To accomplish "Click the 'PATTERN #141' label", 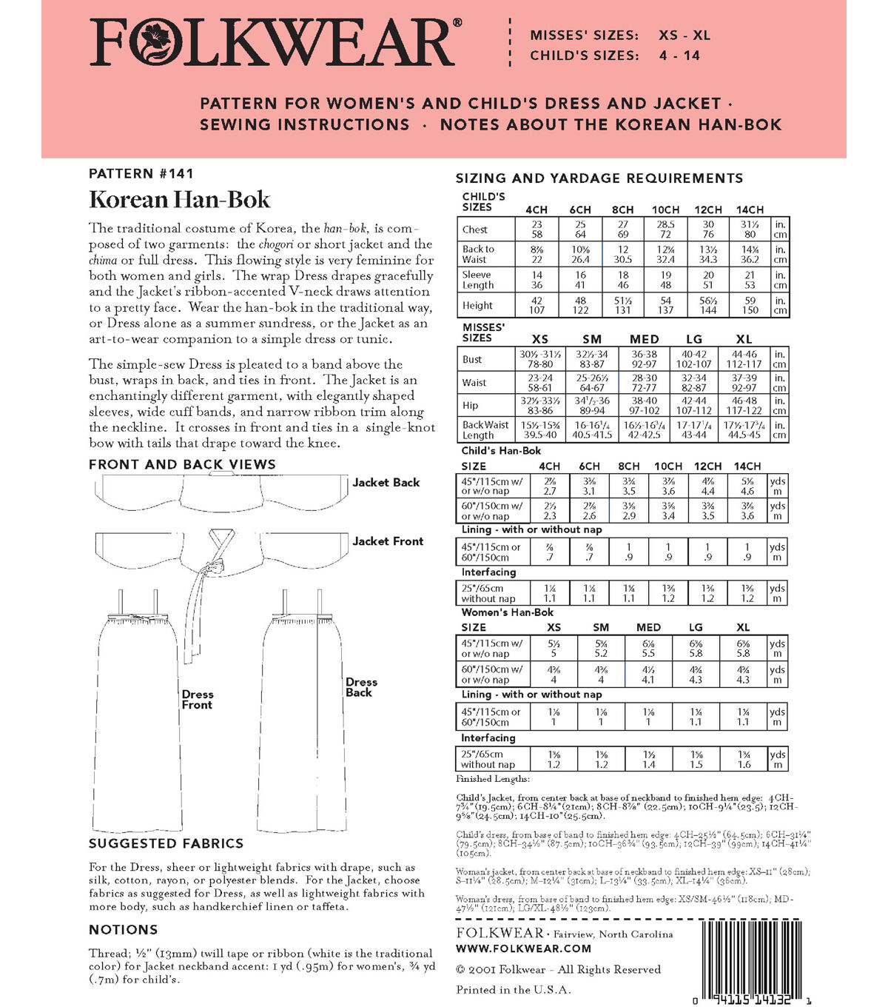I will [141, 174].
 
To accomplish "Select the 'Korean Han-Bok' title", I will [179, 200].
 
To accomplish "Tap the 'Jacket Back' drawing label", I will [386, 483].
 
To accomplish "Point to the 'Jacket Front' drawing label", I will [388, 541].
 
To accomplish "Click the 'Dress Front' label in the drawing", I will [198, 700].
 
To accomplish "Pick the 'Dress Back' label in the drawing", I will [361, 687].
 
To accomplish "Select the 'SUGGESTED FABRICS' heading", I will [166, 843].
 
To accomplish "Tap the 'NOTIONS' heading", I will [123, 930].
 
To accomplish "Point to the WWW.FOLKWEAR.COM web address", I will [524, 949].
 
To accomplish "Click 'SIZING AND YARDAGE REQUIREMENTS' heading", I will [599, 178].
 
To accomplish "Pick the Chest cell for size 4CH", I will [536, 229].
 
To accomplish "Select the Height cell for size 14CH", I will [750, 305].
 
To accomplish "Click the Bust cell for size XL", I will [744, 359].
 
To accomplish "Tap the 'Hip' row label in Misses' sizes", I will [471, 405].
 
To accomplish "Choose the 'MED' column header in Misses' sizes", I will [644, 339].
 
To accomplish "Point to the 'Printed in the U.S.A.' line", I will [514, 990].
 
